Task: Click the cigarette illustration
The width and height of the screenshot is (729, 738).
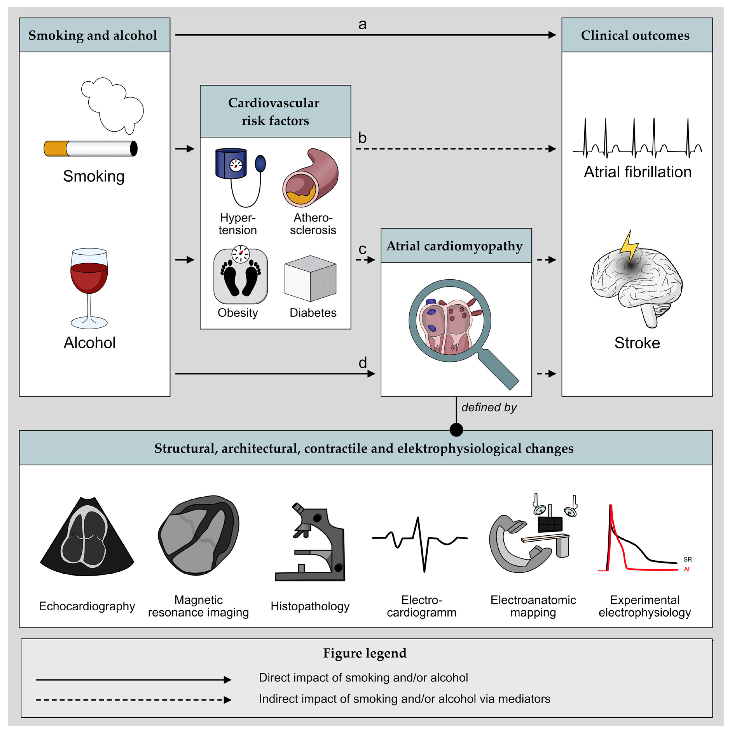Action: pyautogui.click(x=91, y=148)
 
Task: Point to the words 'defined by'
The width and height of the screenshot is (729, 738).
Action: pyautogui.click(x=489, y=407)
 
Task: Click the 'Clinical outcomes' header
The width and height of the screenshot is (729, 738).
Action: pyautogui.click(x=635, y=35)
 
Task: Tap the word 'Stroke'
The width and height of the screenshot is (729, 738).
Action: pyautogui.click(x=637, y=343)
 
